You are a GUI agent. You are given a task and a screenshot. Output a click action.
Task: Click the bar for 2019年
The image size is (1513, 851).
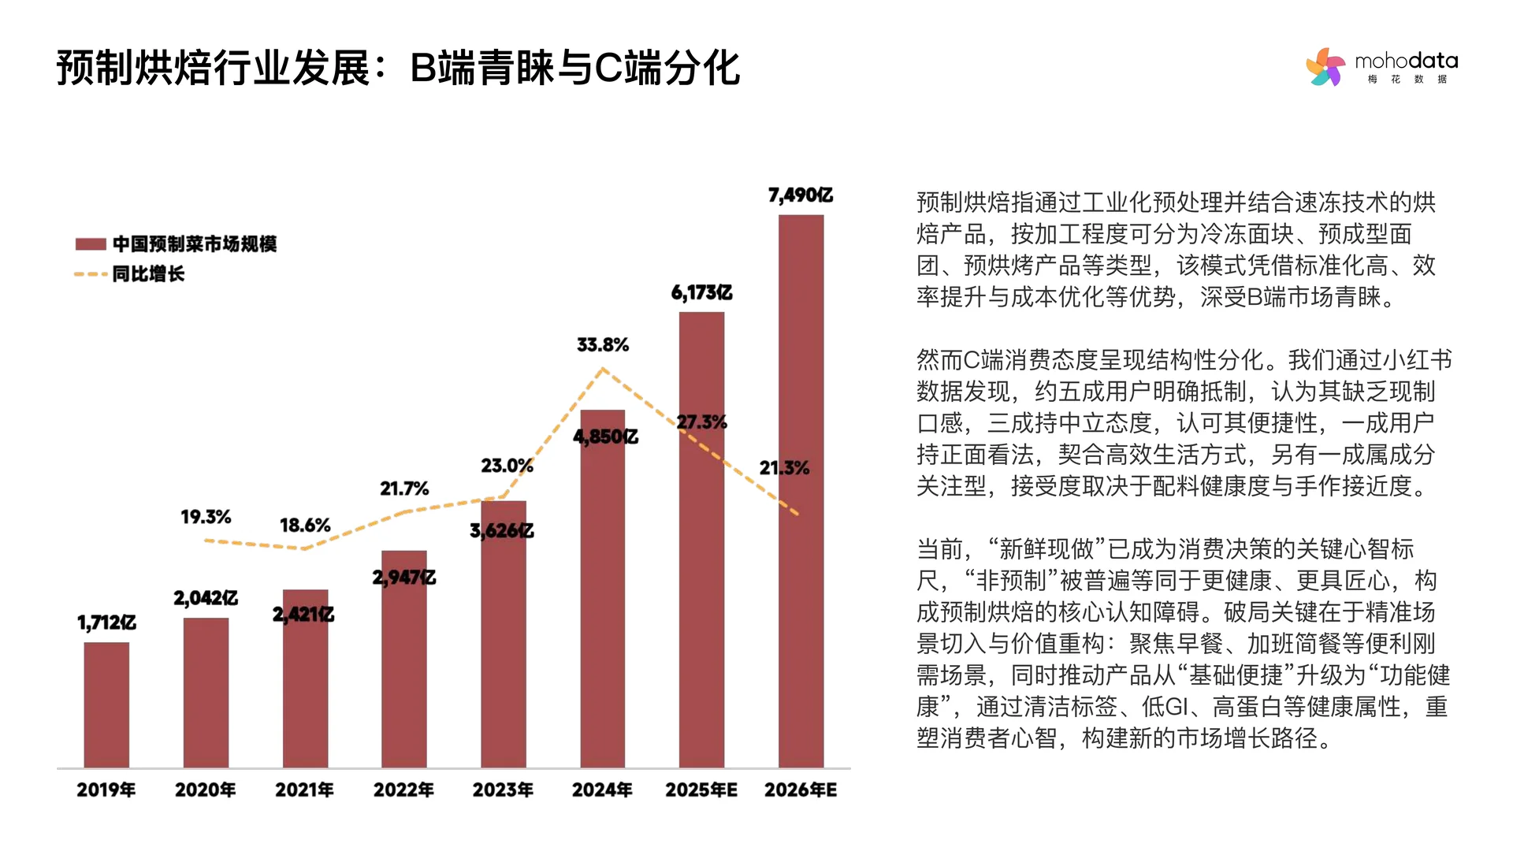coord(106,704)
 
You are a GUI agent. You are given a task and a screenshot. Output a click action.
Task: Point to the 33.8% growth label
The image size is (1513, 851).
coord(603,345)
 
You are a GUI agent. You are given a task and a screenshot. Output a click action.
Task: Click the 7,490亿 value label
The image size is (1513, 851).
coord(801,195)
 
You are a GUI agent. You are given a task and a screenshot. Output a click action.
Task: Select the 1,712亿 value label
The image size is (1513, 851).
coord(106,623)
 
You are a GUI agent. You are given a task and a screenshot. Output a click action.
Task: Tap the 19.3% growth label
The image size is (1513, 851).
coord(206,518)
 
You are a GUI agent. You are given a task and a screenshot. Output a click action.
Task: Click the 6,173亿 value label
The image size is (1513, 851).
coord(701,293)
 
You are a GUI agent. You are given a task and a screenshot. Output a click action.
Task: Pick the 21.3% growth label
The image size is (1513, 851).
coord(784,468)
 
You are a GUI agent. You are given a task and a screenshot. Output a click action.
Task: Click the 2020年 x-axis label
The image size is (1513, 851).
coord(205,790)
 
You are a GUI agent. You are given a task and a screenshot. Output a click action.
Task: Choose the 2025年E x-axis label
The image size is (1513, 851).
coord(701,790)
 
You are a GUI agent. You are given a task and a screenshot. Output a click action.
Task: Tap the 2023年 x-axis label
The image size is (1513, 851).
coord(503,790)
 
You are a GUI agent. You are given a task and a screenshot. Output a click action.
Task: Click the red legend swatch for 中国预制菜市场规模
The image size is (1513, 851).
coord(91,244)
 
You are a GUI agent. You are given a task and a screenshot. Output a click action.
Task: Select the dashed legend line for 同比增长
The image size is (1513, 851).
coord(90,274)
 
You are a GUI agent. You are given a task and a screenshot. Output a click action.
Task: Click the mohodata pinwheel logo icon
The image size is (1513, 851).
coord(1325,67)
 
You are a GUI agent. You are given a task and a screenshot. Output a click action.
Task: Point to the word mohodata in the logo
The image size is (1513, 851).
coord(1406,61)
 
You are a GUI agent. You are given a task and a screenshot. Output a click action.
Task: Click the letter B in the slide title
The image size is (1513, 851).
coord(423,69)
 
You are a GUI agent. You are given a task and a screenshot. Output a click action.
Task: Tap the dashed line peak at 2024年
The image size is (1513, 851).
coord(603,368)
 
